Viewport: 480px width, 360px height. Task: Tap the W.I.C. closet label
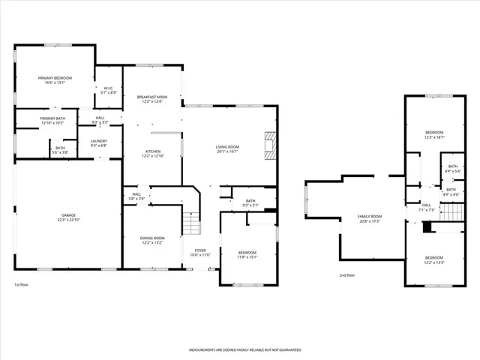pos(109,89)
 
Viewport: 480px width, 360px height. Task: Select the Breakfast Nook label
pos(152,100)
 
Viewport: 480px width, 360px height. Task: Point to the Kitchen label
pos(153,154)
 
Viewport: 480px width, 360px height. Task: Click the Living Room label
pos(227,148)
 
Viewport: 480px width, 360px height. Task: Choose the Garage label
pos(68,217)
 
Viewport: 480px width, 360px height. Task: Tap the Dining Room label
pos(152,240)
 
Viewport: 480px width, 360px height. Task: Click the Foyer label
pos(200,253)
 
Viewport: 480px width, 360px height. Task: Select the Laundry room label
pos(99,142)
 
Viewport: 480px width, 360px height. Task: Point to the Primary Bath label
pos(52,120)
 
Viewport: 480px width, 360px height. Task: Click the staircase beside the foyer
pos(193,223)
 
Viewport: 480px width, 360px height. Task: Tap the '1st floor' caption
pos(21,285)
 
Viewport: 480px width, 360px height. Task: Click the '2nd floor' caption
pos(347,275)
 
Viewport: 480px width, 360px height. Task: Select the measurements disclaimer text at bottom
pos(244,350)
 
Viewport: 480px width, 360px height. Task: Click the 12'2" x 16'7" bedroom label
pos(435,135)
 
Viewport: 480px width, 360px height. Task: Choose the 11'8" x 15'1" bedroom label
pos(247,255)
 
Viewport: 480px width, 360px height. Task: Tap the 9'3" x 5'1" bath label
pos(250,202)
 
